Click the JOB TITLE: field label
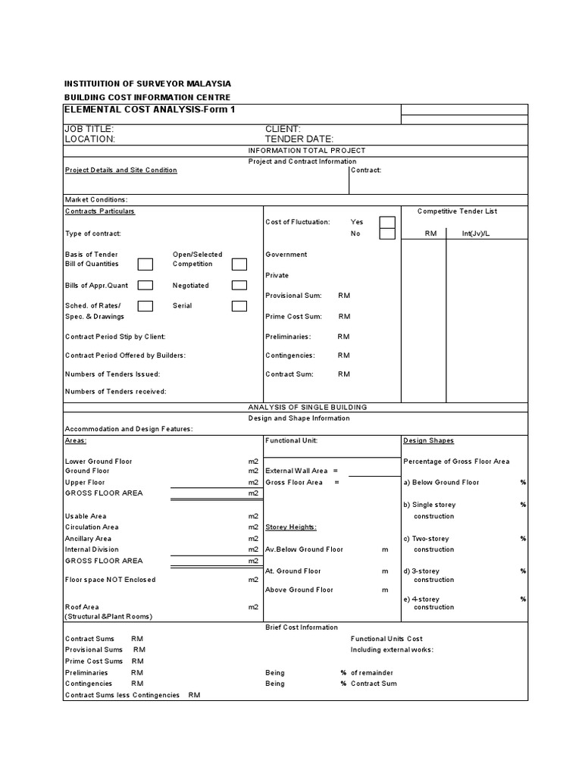pos(89,130)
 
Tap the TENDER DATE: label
pos(299,139)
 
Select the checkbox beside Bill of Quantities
pos(145,264)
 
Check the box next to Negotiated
pos(239,286)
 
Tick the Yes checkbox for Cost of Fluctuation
pos(386,222)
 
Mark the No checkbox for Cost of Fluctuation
pos(386,234)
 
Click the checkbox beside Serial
pos(239,306)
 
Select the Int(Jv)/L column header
pos(476,234)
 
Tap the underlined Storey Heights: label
pos(291,527)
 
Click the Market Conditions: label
pos(96,199)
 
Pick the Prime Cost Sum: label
pos(293,316)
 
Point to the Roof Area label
pos(82,607)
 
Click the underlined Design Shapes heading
pos(428,440)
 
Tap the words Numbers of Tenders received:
pos(115,392)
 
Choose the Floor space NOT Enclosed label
pos(110,580)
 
